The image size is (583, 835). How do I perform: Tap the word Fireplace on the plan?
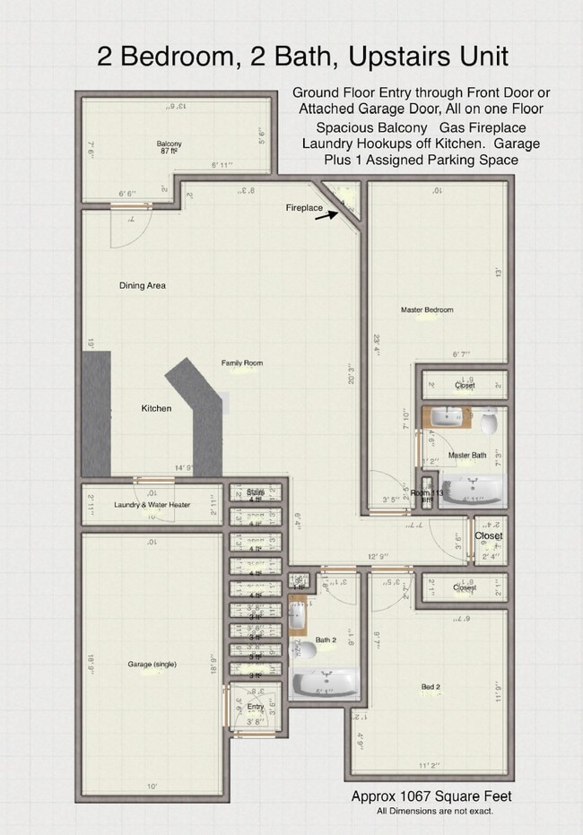click(x=304, y=208)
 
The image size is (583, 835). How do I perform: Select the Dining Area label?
click(x=143, y=286)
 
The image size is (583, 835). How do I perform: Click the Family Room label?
click(x=242, y=363)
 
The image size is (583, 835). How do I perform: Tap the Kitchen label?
click(x=156, y=409)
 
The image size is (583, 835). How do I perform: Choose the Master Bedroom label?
click(x=427, y=310)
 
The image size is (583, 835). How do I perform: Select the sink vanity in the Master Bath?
click(x=445, y=417)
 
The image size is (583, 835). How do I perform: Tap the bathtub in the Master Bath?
click(x=471, y=491)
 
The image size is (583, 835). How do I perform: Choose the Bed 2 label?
click(x=431, y=688)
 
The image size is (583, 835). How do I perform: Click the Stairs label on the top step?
click(x=256, y=492)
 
